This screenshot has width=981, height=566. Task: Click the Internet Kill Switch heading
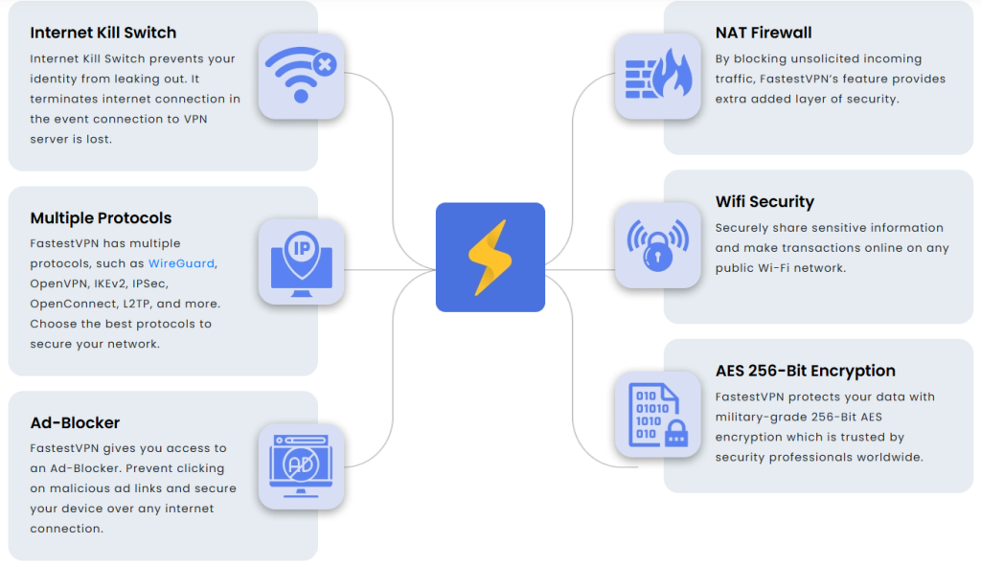coord(103,33)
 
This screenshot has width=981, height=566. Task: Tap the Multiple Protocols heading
coord(101,218)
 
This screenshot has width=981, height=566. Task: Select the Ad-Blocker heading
coord(75,422)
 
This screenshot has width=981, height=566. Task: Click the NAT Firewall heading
coord(764,33)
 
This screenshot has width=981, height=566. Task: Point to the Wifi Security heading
coord(764,202)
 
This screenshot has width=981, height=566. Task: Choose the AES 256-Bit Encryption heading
coord(805,371)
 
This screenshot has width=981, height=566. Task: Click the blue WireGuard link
coord(181,263)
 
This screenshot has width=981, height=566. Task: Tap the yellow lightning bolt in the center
coord(490,257)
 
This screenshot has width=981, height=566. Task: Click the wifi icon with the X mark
coord(302,75)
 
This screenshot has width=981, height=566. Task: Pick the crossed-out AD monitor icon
coord(301,466)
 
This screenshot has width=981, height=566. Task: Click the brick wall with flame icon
coord(658,74)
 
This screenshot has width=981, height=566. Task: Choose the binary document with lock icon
coord(658,415)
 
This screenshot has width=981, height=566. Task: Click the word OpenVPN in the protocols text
coord(58,283)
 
